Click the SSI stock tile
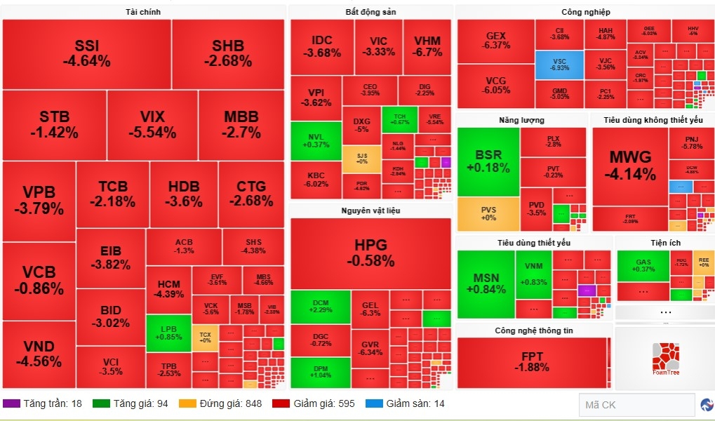[x=86, y=53]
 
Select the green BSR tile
[x=488, y=161]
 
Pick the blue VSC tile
[x=559, y=65]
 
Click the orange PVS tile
[x=488, y=214]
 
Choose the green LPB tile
[x=168, y=333]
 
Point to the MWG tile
[x=630, y=166]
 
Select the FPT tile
[x=532, y=361]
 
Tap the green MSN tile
[x=486, y=283]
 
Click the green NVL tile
[x=316, y=140]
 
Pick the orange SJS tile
[x=361, y=159]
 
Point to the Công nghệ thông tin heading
[x=533, y=330]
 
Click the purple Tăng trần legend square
[x=11, y=403]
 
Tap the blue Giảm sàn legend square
[x=374, y=403]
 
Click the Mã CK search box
[x=636, y=405]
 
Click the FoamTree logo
[x=665, y=359]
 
